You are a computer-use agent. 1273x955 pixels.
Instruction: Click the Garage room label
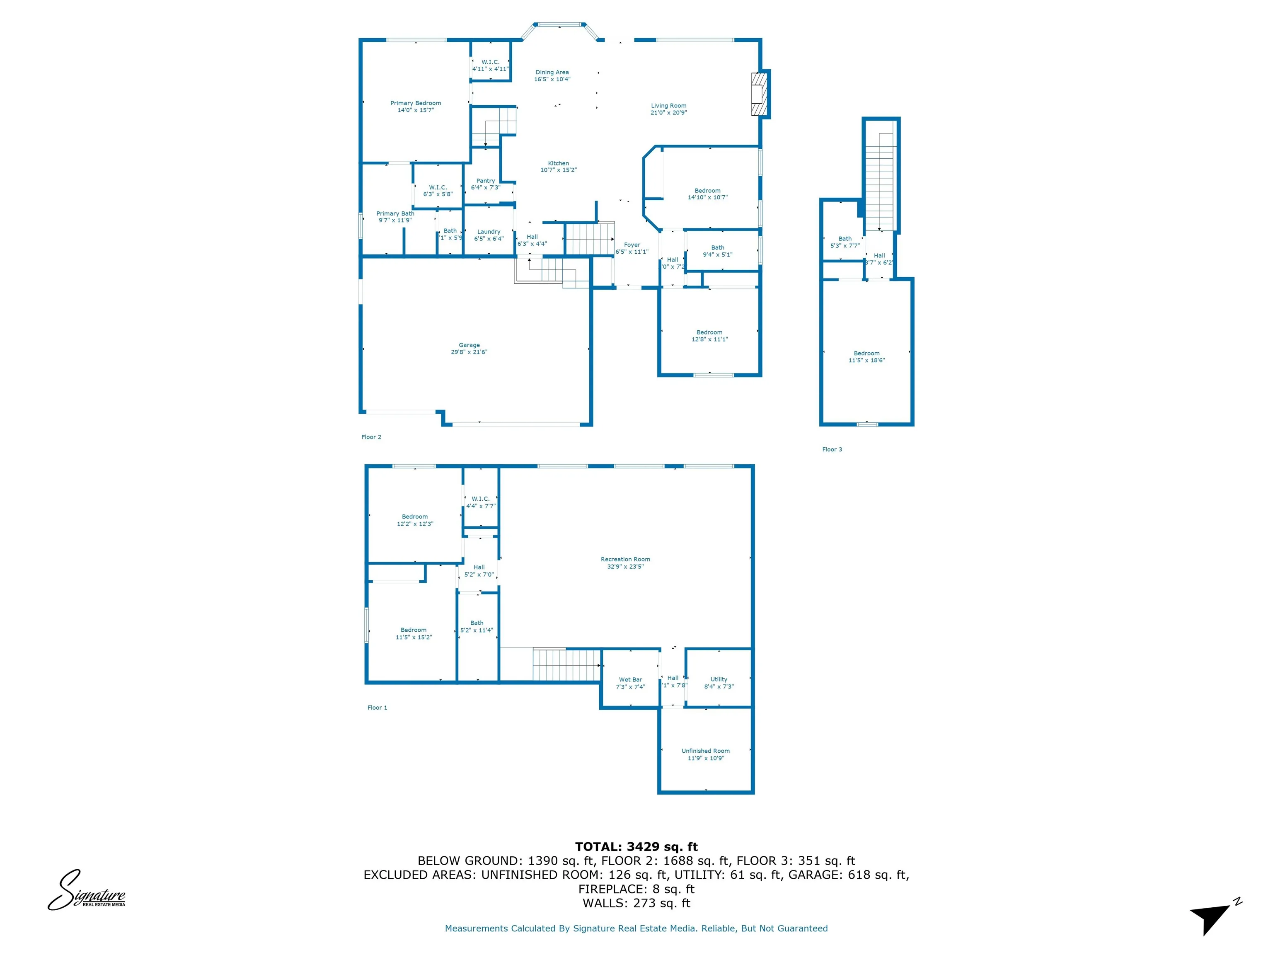pos(469,345)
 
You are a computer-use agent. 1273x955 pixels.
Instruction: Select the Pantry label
pos(485,181)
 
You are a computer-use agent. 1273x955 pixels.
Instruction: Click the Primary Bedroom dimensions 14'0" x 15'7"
pos(416,110)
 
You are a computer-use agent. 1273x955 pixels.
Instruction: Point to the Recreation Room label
pos(625,559)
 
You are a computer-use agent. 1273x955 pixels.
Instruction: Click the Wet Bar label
pos(630,679)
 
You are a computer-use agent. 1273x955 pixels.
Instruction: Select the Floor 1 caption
pos(377,708)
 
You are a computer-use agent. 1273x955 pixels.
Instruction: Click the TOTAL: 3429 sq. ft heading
pos(636,847)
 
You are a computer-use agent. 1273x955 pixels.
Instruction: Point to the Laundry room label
pos(489,231)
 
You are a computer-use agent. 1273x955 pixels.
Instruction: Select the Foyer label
pos(632,245)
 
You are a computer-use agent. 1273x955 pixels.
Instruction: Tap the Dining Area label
pos(552,73)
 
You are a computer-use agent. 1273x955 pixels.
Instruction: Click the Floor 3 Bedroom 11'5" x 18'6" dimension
pos(866,360)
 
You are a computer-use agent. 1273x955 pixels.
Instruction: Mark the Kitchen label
pos(558,163)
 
